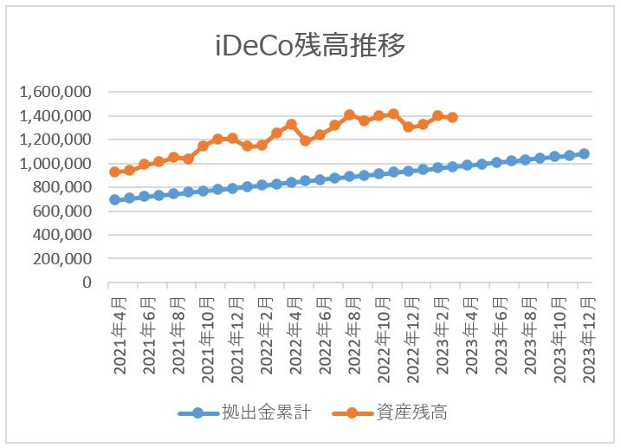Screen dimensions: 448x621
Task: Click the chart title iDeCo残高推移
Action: click(310, 46)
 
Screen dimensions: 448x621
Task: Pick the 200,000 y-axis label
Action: click(62, 258)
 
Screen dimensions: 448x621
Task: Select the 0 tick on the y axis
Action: click(88, 282)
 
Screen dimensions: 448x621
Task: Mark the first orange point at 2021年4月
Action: click(114, 172)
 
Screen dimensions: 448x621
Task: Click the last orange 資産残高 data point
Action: click(452, 117)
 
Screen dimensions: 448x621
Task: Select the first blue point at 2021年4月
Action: click(114, 199)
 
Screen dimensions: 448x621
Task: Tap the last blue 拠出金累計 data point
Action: click(584, 153)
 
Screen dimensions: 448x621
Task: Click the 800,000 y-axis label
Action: click(62, 187)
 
